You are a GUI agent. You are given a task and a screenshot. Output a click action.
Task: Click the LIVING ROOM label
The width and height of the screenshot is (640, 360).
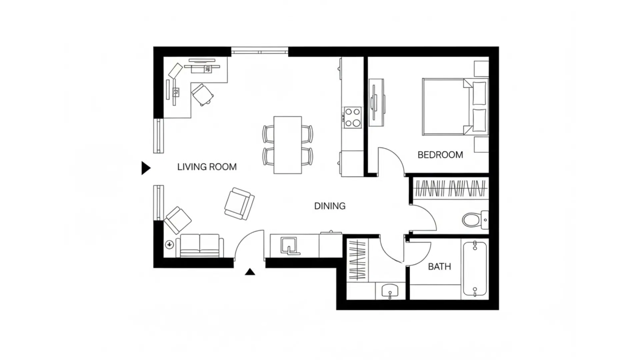(207, 167)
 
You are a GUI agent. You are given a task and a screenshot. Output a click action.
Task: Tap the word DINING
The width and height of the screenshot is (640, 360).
(330, 206)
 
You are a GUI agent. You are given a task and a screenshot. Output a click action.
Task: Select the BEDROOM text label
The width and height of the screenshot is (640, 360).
(440, 155)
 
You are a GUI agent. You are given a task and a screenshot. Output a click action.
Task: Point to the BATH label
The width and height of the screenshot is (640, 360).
(439, 267)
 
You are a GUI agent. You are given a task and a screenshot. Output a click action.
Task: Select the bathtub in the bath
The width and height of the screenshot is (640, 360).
(475, 269)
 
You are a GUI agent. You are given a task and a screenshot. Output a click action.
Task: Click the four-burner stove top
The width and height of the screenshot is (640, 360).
(353, 117)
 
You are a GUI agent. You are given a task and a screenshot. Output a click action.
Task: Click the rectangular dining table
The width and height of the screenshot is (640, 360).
(287, 145)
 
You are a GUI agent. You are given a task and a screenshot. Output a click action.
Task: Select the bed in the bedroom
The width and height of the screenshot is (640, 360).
(447, 107)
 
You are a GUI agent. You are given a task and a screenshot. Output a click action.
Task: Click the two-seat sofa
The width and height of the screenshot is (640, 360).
(199, 246)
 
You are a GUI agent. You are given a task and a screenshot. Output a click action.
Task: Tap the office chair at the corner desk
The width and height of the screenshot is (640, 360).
(202, 94)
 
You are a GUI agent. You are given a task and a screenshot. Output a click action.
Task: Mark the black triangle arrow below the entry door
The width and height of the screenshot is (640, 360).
(250, 272)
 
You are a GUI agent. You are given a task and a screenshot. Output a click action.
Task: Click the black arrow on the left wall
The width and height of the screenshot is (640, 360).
(146, 168)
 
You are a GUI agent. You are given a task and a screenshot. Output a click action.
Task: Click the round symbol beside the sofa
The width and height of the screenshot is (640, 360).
(169, 245)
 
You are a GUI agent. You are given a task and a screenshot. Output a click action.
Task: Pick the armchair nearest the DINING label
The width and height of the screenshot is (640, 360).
(239, 204)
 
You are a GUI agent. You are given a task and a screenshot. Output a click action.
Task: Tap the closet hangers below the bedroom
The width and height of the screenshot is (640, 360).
(450, 189)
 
